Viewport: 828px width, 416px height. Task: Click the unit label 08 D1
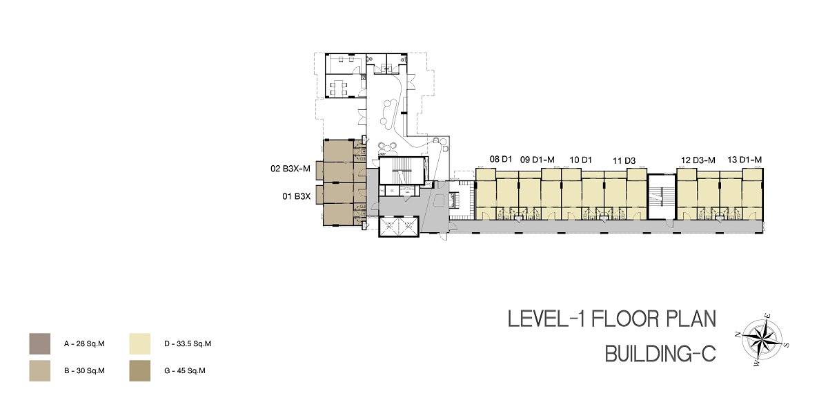(500, 160)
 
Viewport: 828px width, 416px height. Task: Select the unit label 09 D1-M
(537, 160)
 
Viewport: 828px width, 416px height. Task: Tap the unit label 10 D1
(580, 160)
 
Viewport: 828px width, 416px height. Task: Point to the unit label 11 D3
(624, 160)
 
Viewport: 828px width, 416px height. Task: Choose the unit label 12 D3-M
(698, 160)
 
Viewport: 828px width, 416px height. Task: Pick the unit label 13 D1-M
(745, 160)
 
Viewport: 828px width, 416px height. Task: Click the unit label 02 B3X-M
(290, 169)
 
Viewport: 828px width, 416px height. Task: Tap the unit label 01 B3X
(297, 196)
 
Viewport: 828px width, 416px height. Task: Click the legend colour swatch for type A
(40, 344)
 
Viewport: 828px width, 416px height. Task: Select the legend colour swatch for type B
(40, 371)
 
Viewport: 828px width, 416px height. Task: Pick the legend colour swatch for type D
(139, 344)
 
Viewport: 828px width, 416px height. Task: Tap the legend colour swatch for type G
(139, 371)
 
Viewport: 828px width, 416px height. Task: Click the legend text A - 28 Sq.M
(84, 344)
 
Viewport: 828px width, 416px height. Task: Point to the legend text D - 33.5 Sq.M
(188, 344)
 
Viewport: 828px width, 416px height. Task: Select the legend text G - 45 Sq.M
(184, 371)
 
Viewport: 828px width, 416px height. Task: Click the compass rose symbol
(762, 340)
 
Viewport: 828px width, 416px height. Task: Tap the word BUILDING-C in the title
(660, 354)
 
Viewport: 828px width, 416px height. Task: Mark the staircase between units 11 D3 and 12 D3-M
(662, 196)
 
